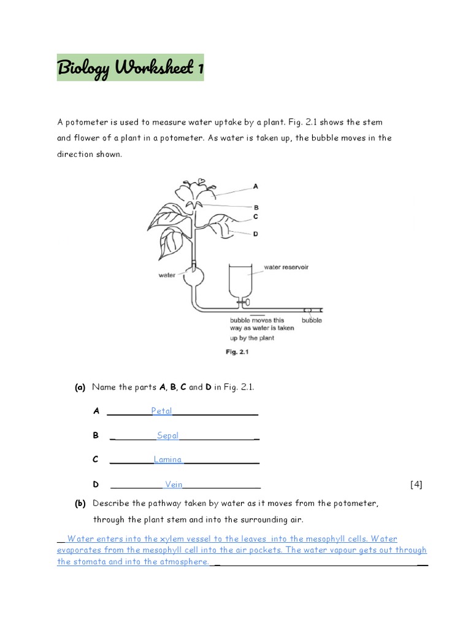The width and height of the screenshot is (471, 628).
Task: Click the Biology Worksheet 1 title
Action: point(130,67)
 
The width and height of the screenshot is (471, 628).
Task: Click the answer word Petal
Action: point(162,411)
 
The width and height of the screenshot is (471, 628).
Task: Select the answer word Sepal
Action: point(167,435)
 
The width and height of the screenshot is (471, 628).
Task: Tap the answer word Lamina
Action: point(167,459)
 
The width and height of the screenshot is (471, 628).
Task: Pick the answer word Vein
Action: point(174,484)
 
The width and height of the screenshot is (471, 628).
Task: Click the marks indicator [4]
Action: point(416,484)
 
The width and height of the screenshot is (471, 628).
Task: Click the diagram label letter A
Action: point(255,186)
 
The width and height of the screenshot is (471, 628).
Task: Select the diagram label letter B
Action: point(256,207)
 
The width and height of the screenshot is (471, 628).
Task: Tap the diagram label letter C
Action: point(255,216)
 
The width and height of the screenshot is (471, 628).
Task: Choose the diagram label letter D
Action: point(255,234)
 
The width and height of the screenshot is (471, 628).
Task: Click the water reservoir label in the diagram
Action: point(286,267)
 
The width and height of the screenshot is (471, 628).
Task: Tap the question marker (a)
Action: point(80,387)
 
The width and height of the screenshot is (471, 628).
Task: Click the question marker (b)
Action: point(80,504)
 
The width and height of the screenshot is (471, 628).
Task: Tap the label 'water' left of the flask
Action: point(167,275)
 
